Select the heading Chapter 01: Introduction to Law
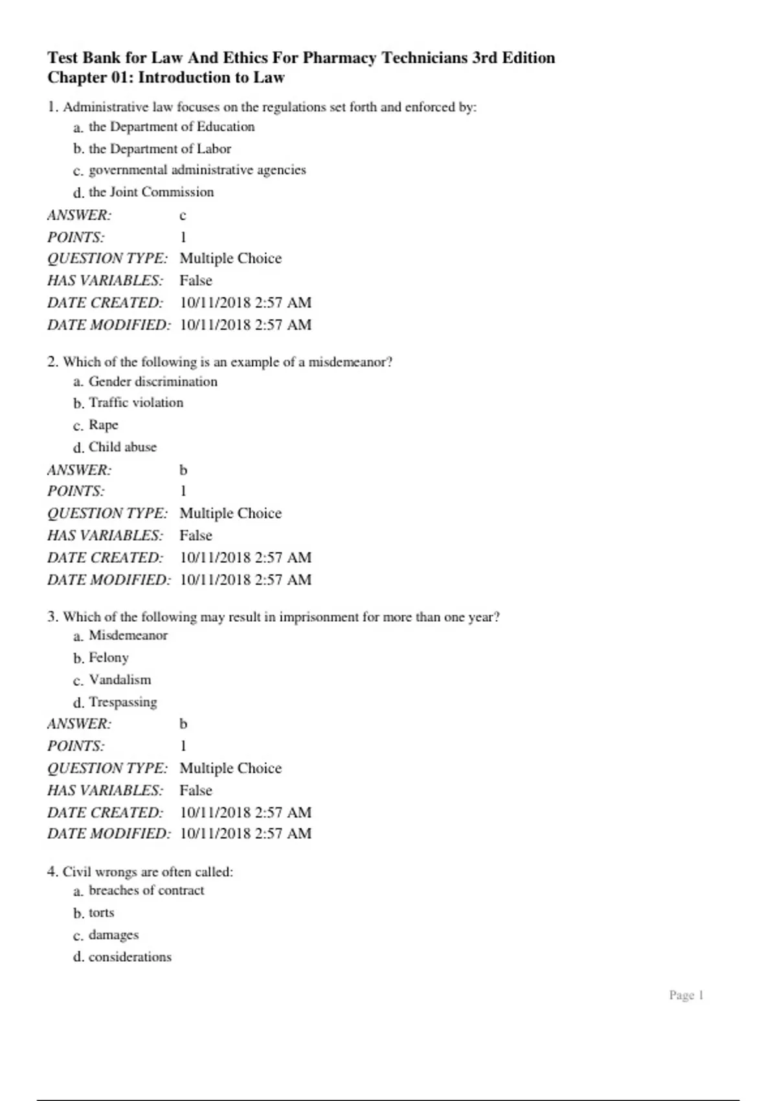pos(166,78)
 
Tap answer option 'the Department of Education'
pos(172,127)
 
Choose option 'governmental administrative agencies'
pos(197,170)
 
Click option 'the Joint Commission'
pos(151,192)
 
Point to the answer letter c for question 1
pos(183,216)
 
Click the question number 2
pos(52,362)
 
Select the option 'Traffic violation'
pos(136,403)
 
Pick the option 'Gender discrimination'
pos(153,381)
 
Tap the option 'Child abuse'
pos(122,447)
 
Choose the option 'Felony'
pos(109,657)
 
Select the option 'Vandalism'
pos(120,680)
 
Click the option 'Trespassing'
pos(123,702)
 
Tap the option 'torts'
pos(102,913)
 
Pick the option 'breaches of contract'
pos(146,891)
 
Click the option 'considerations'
pos(130,957)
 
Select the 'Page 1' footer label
pos(686,995)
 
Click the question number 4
pos(52,872)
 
